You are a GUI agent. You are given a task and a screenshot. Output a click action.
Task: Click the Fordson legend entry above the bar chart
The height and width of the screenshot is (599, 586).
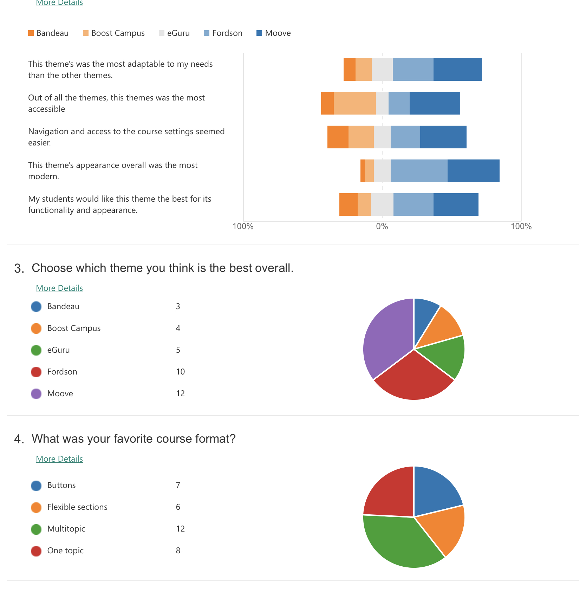pyautogui.click(x=227, y=33)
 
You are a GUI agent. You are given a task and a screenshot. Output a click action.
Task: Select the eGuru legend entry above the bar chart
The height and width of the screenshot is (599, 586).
pyautogui.click(x=178, y=33)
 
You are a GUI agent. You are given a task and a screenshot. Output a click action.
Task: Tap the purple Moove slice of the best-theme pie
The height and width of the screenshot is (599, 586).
pyautogui.click(x=386, y=337)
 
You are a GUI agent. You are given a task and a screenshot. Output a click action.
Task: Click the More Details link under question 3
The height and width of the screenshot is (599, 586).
pyautogui.click(x=59, y=288)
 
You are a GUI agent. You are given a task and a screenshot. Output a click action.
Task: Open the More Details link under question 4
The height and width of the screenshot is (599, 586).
pyautogui.click(x=59, y=459)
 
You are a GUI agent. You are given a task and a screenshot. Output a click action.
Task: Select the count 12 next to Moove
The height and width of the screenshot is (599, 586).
pyautogui.click(x=180, y=393)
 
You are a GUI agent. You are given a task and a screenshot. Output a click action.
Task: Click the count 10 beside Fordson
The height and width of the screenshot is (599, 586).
pyautogui.click(x=180, y=372)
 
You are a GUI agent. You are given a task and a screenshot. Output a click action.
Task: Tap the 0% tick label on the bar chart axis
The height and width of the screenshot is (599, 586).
pyautogui.click(x=382, y=226)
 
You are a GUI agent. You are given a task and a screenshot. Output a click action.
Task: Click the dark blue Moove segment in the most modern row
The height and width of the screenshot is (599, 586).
pyautogui.click(x=473, y=171)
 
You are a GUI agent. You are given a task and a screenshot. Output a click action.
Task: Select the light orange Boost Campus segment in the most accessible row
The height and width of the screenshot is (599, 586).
pyautogui.click(x=354, y=103)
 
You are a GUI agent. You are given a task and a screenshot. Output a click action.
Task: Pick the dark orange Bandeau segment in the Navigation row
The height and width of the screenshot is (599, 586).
pyautogui.click(x=338, y=137)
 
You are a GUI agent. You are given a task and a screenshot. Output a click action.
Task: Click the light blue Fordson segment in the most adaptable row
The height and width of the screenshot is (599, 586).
pyautogui.click(x=413, y=70)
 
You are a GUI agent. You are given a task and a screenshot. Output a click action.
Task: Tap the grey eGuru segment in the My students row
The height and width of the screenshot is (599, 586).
pyautogui.click(x=382, y=204)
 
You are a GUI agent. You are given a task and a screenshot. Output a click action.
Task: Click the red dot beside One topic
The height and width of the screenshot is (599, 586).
pyautogui.click(x=36, y=551)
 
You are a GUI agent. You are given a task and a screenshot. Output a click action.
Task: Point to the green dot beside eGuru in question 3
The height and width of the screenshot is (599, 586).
pyautogui.click(x=36, y=350)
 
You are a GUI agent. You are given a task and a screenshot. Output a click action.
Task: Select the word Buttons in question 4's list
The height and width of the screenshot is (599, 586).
pyautogui.click(x=61, y=485)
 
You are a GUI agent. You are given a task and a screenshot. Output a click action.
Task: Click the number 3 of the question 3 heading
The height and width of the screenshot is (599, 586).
pyautogui.click(x=19, y=269)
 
